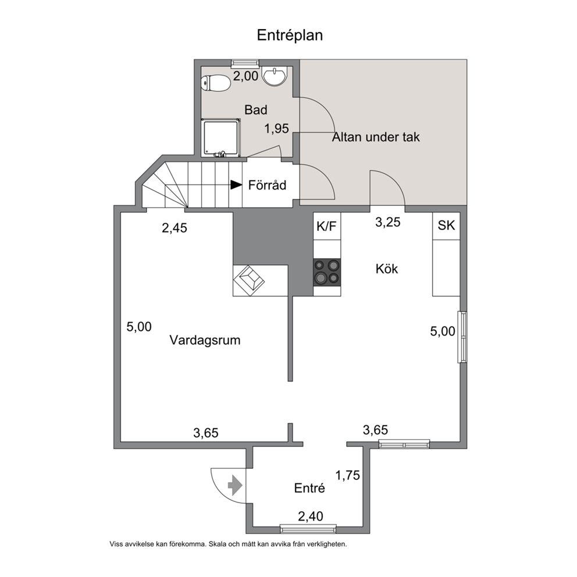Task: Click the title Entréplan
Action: pyautogui.click(x=290, y=35)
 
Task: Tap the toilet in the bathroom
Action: pyautogui.click(x=216, y=83)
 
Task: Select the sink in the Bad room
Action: pyautogui.click(x=274, y=76)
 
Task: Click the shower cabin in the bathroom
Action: pyautogui.click(x=221, y=138)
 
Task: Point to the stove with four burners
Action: pyautogui.click(x=327, y=272)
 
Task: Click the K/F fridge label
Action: pyautogui.click(x=326, y=226)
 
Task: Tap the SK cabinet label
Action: pyautogui.click(x=446, y=225)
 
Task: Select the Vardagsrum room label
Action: pyautogui.click(x=205, y=340)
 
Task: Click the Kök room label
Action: pyautogui.click(x=387, y=269)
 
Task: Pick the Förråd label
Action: pyautogui.click(x=267, y=185)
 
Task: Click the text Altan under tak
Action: pyautogui.click(x=376, y=137)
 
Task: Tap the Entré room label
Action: pyautogui.click(x=309, y=488)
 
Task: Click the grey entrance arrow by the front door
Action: pyautogui.click(x=235, y=486)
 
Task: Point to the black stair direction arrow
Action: pyautogui.click(x=236, y=185)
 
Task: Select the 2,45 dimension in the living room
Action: pyautogui.click(x=174, y=228)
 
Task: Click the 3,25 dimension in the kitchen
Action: pyautogui.click(x=388, y=222)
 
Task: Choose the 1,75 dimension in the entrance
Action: pyautogui.click(x=347, y=475)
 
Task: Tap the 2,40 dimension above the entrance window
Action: pyautogui.click(x=311, y=517)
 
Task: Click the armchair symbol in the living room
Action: pyautogui.click(x=249, y=280)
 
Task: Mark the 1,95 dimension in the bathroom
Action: pyautogui.click(x=277, y=129)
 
